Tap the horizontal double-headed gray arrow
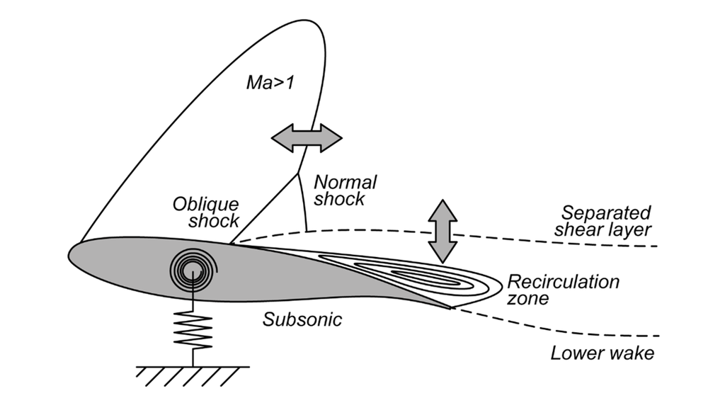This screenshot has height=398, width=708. pyautogui.click(x=307, y=137)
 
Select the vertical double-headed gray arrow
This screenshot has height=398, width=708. pyautogui.click(x=441, y=232)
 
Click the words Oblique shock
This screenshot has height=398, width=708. pyautogui.click(x=206, y=211)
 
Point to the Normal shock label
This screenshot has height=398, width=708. pyautogui.click(x=345, y=190)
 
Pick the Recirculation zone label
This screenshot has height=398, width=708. pyautogui.click(x=564, y=289)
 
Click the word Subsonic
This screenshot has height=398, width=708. pyautogui.click(x=303, y=319)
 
